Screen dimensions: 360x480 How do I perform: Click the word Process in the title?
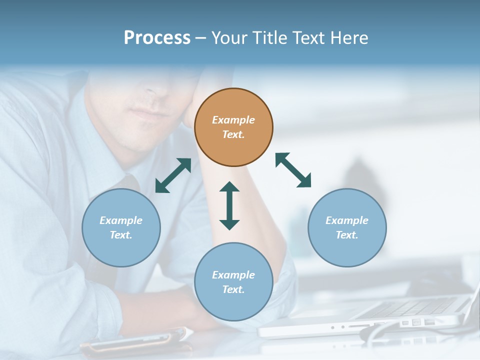point(157,38)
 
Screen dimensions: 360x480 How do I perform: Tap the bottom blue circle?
point(233,305)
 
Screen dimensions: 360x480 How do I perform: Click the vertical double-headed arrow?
point(229,205)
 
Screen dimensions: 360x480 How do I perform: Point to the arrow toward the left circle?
point(173,175)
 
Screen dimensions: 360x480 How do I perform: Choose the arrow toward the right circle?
point(293,170)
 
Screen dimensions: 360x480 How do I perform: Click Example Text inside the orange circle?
point(233,127)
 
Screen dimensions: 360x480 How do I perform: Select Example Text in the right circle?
point(347,227)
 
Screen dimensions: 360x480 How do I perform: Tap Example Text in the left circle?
point(121,227)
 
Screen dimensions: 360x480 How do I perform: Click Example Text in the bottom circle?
point(233,282)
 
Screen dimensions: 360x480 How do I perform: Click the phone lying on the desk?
point(135,340)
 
